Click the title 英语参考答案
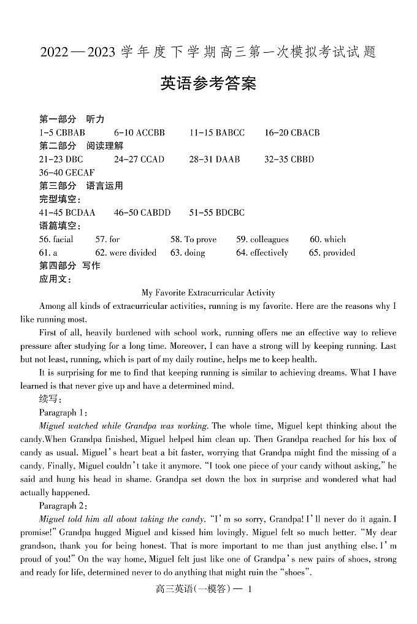coord(208,83)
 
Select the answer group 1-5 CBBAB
coord(62,132)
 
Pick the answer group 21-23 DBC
coord(61,159)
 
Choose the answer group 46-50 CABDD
coord(142,213)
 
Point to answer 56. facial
coord(56,240)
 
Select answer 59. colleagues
coord(262,240)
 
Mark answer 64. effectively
coord(262,253)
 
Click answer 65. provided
coord(332,253)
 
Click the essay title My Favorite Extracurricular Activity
coord(208,293)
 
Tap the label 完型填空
coord(59,199)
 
